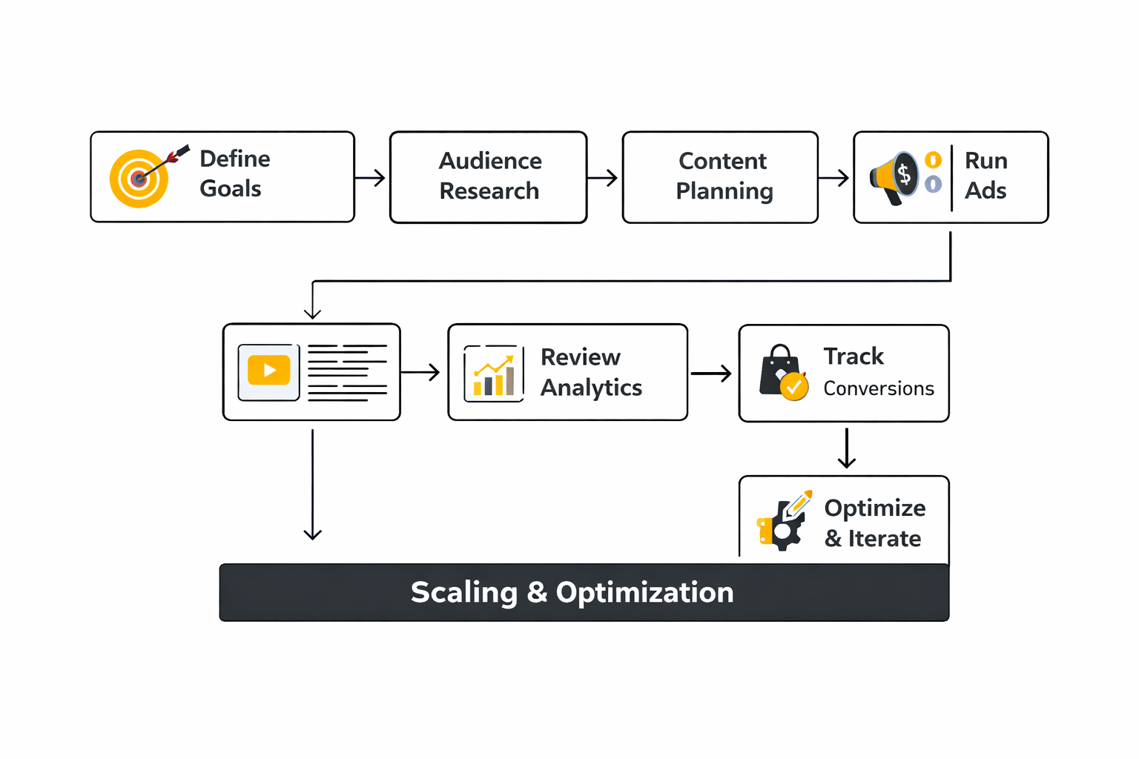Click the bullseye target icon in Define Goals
139,179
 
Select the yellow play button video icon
268,371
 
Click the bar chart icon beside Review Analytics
494,374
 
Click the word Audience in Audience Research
490,161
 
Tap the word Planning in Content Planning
724,191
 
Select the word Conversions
879,388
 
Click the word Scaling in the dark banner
464,592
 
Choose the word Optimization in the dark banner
644,592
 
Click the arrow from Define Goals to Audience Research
371,178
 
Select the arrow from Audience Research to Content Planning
603,178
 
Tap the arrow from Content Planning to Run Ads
834,178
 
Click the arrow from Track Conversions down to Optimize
846,449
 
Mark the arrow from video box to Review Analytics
421,372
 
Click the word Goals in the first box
231,189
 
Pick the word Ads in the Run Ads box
986,191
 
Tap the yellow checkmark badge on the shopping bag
794,386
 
